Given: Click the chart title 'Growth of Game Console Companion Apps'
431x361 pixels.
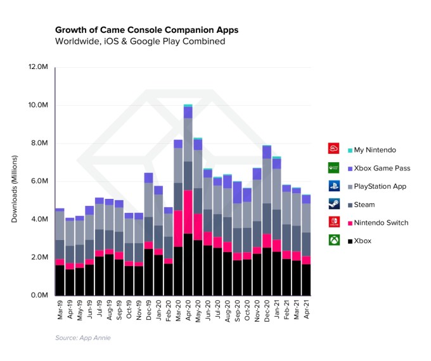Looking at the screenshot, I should pyautogui.click(x=146, y=30).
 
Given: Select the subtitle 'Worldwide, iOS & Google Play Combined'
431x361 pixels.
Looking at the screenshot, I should pyautogui.click(x=139, y=42).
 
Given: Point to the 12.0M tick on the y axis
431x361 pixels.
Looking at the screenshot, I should pyautogui.click(x=37, y=66).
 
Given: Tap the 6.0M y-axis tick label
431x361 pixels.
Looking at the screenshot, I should pyautogui.click(x=37, y=181).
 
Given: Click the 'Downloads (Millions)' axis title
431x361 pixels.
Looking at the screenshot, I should pyautogui.click(x=15, y=181).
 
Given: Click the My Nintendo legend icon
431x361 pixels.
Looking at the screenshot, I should pyautogui.click(x=333, y=149).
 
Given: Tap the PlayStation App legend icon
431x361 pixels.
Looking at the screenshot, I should pyautogui.click(x=333, y=186).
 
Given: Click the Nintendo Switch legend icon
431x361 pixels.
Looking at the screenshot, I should pyautogui.click(x=333, y=223).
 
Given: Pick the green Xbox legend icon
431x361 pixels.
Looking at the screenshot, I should pyautogui.click(x=333, y=241).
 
